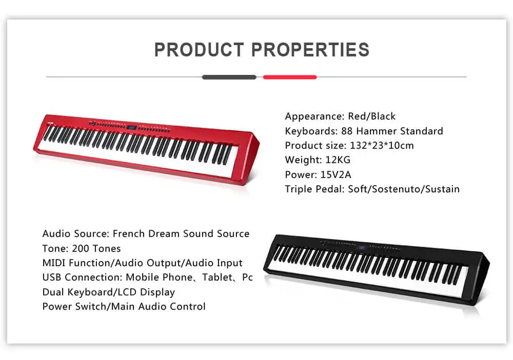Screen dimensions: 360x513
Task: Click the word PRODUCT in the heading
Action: click(x=199, y=50)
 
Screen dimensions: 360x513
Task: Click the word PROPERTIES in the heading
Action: click(x=310, y=50)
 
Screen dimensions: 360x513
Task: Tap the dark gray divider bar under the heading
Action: click(x=229, y=77)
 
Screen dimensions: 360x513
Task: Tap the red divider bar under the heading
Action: click(x=290, y=77)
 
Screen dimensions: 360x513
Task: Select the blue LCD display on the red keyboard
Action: click(x=131, y=127)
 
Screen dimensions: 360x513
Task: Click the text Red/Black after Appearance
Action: click(x=372, y=116)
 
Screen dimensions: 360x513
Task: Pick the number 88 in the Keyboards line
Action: click(x=347, y=131)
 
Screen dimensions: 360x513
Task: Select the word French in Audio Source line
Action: click(x=129, y=234)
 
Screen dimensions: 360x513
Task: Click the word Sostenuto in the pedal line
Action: click(x=399, y=189)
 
